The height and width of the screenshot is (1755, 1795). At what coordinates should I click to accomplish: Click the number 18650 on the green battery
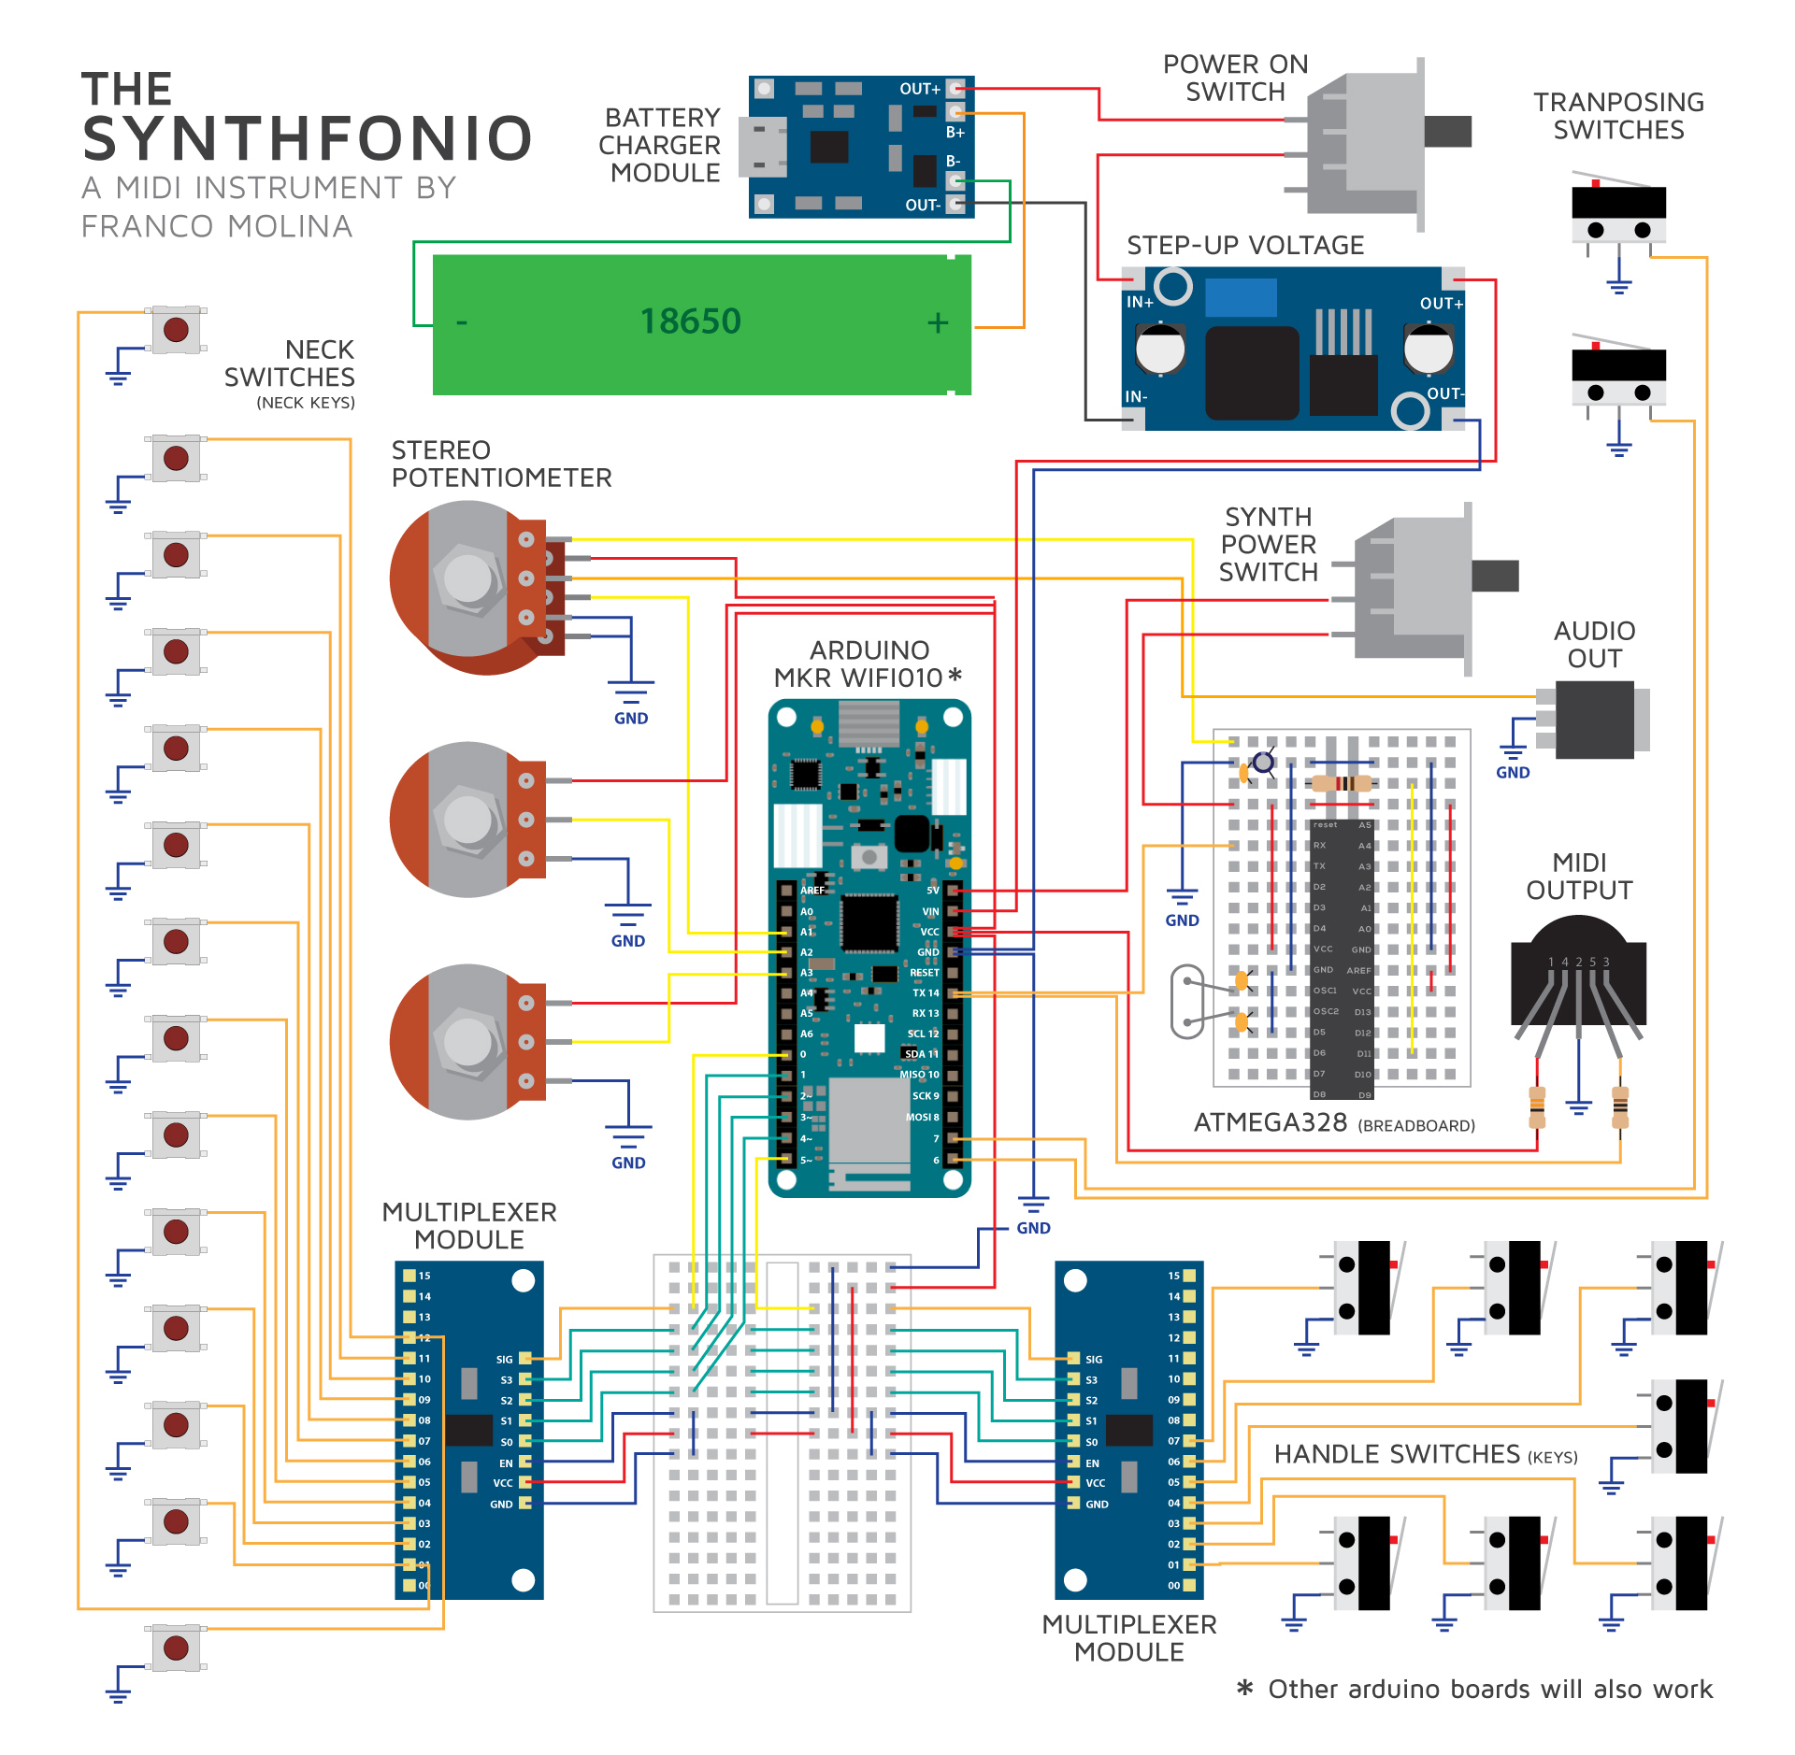pos(690,321)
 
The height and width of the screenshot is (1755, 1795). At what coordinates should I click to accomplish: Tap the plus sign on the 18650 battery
pos(938,322)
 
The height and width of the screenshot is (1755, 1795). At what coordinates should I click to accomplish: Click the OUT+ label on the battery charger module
pos(919,89)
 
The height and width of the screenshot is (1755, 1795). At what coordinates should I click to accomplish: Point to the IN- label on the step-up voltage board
pos(1136,396)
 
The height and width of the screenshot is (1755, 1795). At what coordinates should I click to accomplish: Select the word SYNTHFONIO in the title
pos(308,138)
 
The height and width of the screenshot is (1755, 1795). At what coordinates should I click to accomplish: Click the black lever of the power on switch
pos(1447,132)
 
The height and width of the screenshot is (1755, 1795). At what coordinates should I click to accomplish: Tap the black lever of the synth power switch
pos(1494,576)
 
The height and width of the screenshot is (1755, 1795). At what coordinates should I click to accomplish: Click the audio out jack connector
pos(1594,719)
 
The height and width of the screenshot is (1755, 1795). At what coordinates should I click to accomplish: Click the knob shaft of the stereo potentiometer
pos(467,578)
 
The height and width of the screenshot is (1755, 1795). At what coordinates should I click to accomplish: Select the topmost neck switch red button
pos(176,329)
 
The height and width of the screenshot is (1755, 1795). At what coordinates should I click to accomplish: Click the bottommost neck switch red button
pos(176,1648)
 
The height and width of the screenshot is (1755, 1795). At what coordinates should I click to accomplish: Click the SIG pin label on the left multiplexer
pos(504,1359)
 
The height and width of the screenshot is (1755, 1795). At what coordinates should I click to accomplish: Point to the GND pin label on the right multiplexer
pos(1097,1504)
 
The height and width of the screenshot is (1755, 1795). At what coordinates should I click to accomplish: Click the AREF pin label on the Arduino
pos(812,890)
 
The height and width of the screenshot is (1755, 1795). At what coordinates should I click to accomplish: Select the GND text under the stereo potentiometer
pos(631,718)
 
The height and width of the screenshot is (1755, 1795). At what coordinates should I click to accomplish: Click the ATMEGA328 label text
pos(1270,1122)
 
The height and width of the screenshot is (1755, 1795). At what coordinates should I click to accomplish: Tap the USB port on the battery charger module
pos(761,148)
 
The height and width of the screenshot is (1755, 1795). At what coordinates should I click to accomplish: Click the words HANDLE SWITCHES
pos(1397,1454)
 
